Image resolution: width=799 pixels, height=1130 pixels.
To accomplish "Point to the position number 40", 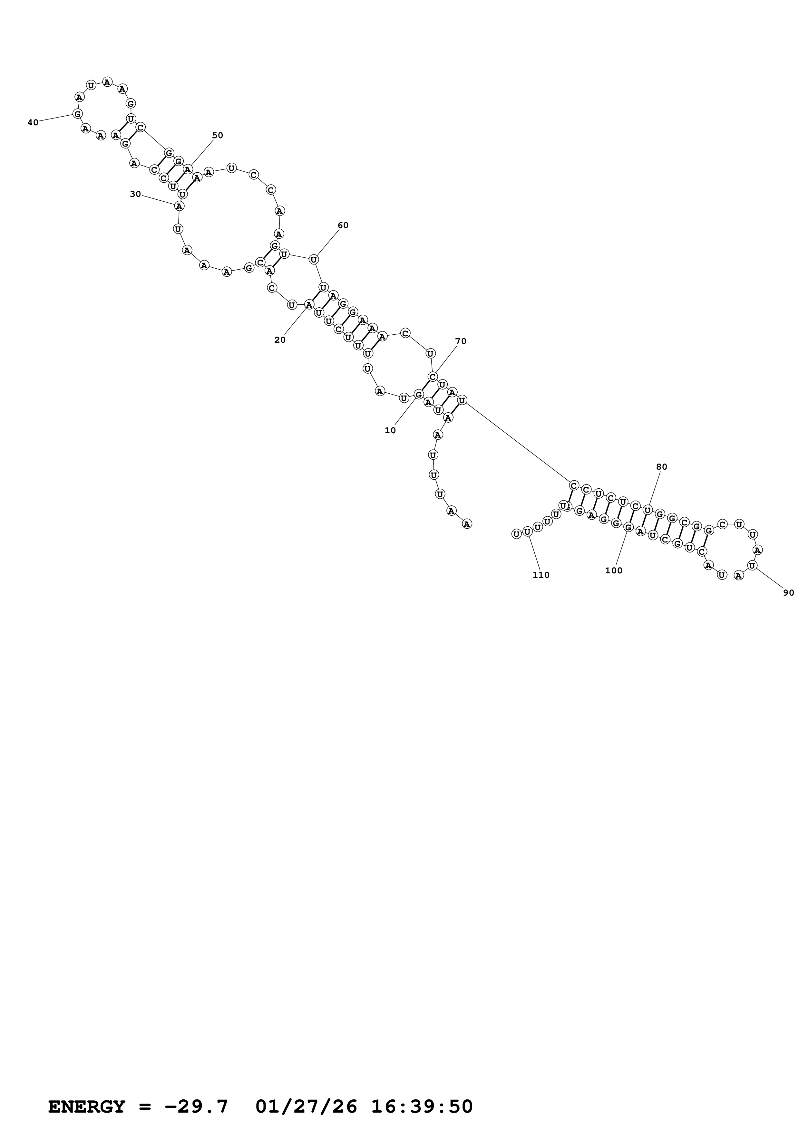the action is [x=33, y=122].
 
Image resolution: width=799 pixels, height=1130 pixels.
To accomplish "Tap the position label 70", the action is [x=461, y=341].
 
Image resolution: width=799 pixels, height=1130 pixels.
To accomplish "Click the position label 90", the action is [x=788, y=593].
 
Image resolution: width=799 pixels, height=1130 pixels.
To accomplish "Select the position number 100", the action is [x=613, y=571].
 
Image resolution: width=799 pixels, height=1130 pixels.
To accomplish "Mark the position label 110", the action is [x=541, y=575].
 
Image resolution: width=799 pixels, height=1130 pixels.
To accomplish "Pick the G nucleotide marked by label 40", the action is [x=77, y=114].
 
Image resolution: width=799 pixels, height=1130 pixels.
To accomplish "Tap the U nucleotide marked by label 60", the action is [x=314, y=259].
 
